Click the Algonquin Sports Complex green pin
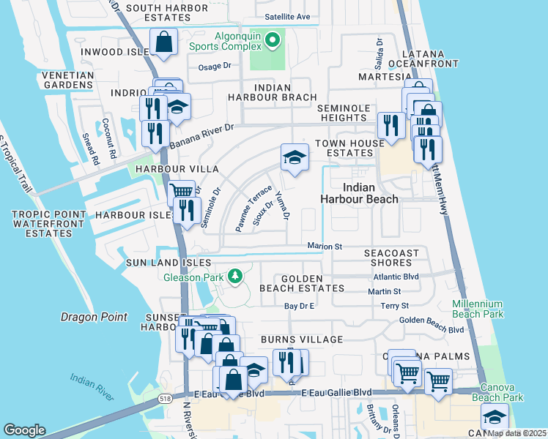273,39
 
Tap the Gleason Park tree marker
235,277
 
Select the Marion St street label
325,247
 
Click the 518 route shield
164,398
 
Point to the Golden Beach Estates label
301,283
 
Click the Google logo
24,429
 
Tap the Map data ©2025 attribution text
516,433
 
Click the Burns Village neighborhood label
301,339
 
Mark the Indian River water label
92,387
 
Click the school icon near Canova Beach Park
495,416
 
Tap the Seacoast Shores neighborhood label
392,258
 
